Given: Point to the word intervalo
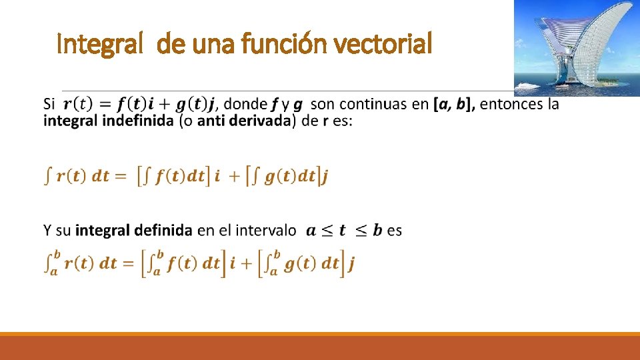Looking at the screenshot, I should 266,231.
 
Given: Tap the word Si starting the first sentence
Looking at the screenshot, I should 49,105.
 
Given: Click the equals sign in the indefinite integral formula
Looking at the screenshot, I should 119,177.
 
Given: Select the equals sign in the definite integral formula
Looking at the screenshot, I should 127,263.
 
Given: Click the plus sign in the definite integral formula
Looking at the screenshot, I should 247,263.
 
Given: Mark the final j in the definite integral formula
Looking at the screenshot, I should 351,265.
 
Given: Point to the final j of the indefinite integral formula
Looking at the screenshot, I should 325,177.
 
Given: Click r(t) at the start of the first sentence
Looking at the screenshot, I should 78,105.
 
